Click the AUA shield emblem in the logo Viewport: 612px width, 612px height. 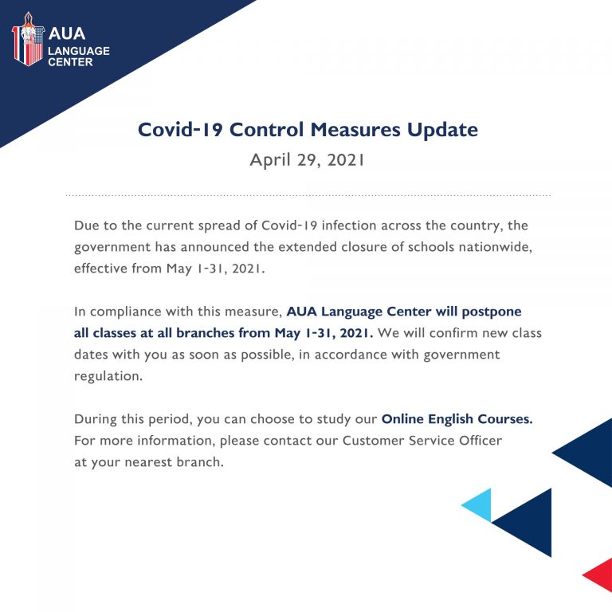(28, 39)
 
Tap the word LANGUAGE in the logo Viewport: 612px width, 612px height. (79, 51)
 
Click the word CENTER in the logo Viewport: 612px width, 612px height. (70, 62)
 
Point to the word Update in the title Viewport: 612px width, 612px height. (442, 131)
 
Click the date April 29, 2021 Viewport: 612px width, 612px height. (307, 160)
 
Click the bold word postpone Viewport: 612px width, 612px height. (492, 312)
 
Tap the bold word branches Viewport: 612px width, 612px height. (204, 333)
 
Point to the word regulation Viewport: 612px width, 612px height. (108, 377)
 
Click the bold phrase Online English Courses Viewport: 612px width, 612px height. (457, 419)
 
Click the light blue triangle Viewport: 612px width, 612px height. (477, 505)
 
